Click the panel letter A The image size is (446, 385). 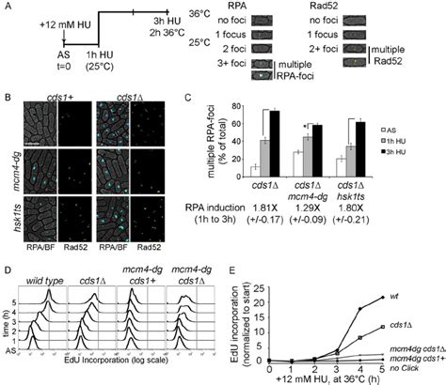click(x=8, y=7)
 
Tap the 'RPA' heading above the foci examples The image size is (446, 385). click(x=242, y=8)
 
